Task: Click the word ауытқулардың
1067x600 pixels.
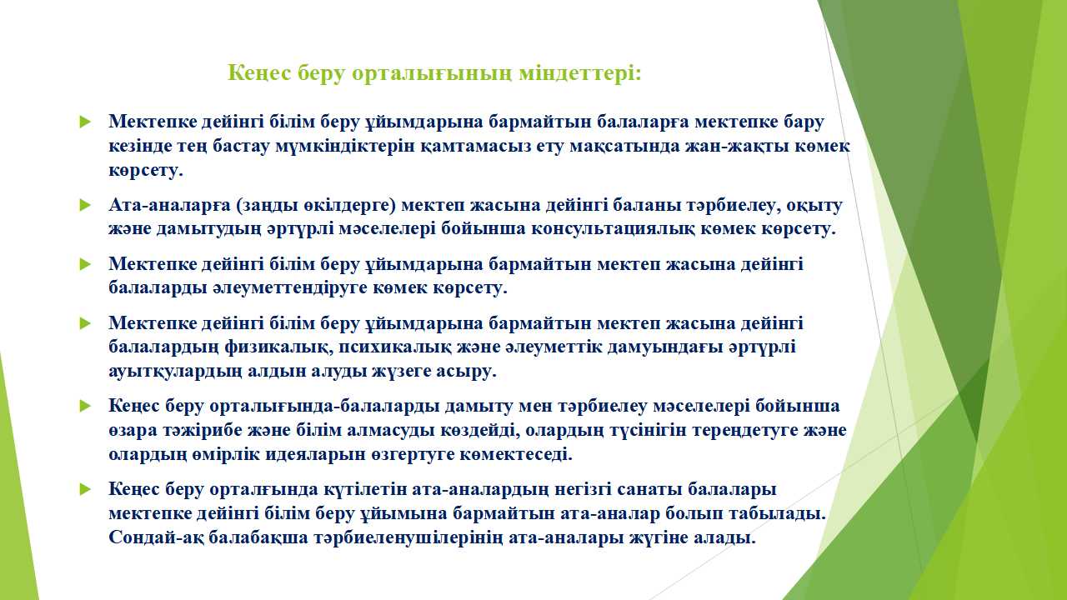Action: (x=175, y=372)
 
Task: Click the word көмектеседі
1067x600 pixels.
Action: (x=516, y=455)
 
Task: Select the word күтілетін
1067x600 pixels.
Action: (x=359, y=490)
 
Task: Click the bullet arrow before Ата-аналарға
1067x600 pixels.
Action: (x=85, y=206)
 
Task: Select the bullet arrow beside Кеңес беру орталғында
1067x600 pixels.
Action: (x=85, y=490)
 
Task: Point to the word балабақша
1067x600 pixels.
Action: (x=258, y=538)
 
